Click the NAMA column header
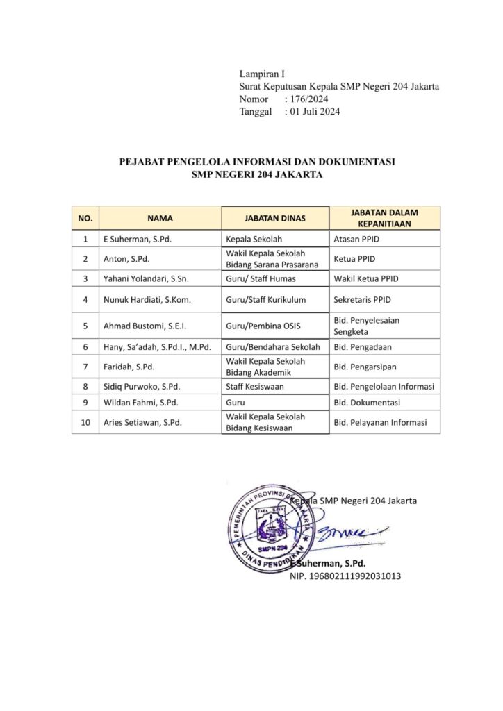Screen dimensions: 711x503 click(x=160, y=218)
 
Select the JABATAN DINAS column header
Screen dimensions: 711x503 click(x=275, y=218)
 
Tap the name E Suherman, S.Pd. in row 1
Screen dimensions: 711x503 click(x=137, y=240)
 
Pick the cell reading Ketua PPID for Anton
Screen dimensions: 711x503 click(x=355, y=259)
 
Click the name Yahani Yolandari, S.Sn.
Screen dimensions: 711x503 click(x=145, y=278)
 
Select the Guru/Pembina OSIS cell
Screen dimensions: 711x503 click(x=261, y=326)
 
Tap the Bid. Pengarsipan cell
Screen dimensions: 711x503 click(x=365, y=366)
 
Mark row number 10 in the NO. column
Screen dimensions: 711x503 click(x=85, y=422)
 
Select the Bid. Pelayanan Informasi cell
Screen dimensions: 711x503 click(x=380, y=422)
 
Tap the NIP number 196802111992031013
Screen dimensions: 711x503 click(x=345, y=576)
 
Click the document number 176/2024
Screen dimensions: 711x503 click(x=313, y=99)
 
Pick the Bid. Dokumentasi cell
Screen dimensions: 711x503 click(x=366, y=403)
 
